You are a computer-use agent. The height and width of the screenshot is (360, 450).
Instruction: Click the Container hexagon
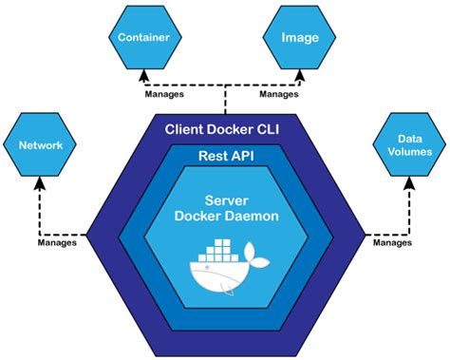click(145, 37)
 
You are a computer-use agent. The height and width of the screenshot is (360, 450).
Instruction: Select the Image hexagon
click(299, 37)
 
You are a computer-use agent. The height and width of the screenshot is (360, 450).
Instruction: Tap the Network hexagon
click(40, 144)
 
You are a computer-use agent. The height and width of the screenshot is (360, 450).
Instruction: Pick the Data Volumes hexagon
click(409, 144)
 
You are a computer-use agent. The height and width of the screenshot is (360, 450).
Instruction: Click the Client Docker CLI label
click(222, 129)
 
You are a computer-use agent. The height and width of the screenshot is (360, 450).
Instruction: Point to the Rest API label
click(226, 156)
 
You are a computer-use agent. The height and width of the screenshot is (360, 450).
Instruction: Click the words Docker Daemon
click(226, 216)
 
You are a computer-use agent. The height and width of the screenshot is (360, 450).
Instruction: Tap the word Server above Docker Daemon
click(226, 200)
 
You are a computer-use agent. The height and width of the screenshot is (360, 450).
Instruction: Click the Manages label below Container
click(164, 94)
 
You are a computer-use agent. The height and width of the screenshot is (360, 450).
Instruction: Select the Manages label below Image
click(279, 94)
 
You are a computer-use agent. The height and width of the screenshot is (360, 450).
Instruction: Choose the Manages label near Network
click(57, 242)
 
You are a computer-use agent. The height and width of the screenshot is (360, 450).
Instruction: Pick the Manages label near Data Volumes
click(392, 242)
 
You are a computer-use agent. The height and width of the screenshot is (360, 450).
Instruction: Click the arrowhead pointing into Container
click(144, 76)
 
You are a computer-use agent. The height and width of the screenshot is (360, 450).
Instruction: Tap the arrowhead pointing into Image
click(300, 76)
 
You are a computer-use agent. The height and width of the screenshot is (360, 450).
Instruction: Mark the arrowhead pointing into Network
click(40, 183)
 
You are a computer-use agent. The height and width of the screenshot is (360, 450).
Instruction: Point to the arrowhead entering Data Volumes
click(410, 183)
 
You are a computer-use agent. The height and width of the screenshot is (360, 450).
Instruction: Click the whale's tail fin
click(256, 256)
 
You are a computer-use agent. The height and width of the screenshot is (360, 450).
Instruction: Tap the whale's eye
click(207, 268)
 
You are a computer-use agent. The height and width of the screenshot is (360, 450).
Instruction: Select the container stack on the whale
click(218, 251)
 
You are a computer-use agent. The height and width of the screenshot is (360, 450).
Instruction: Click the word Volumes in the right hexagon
click(410, 152)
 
